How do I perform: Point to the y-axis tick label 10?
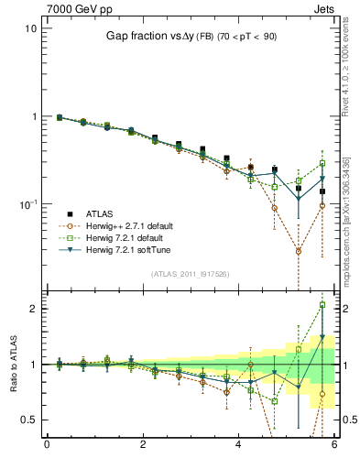[30, 28]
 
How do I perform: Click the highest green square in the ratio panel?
[322, 305]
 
